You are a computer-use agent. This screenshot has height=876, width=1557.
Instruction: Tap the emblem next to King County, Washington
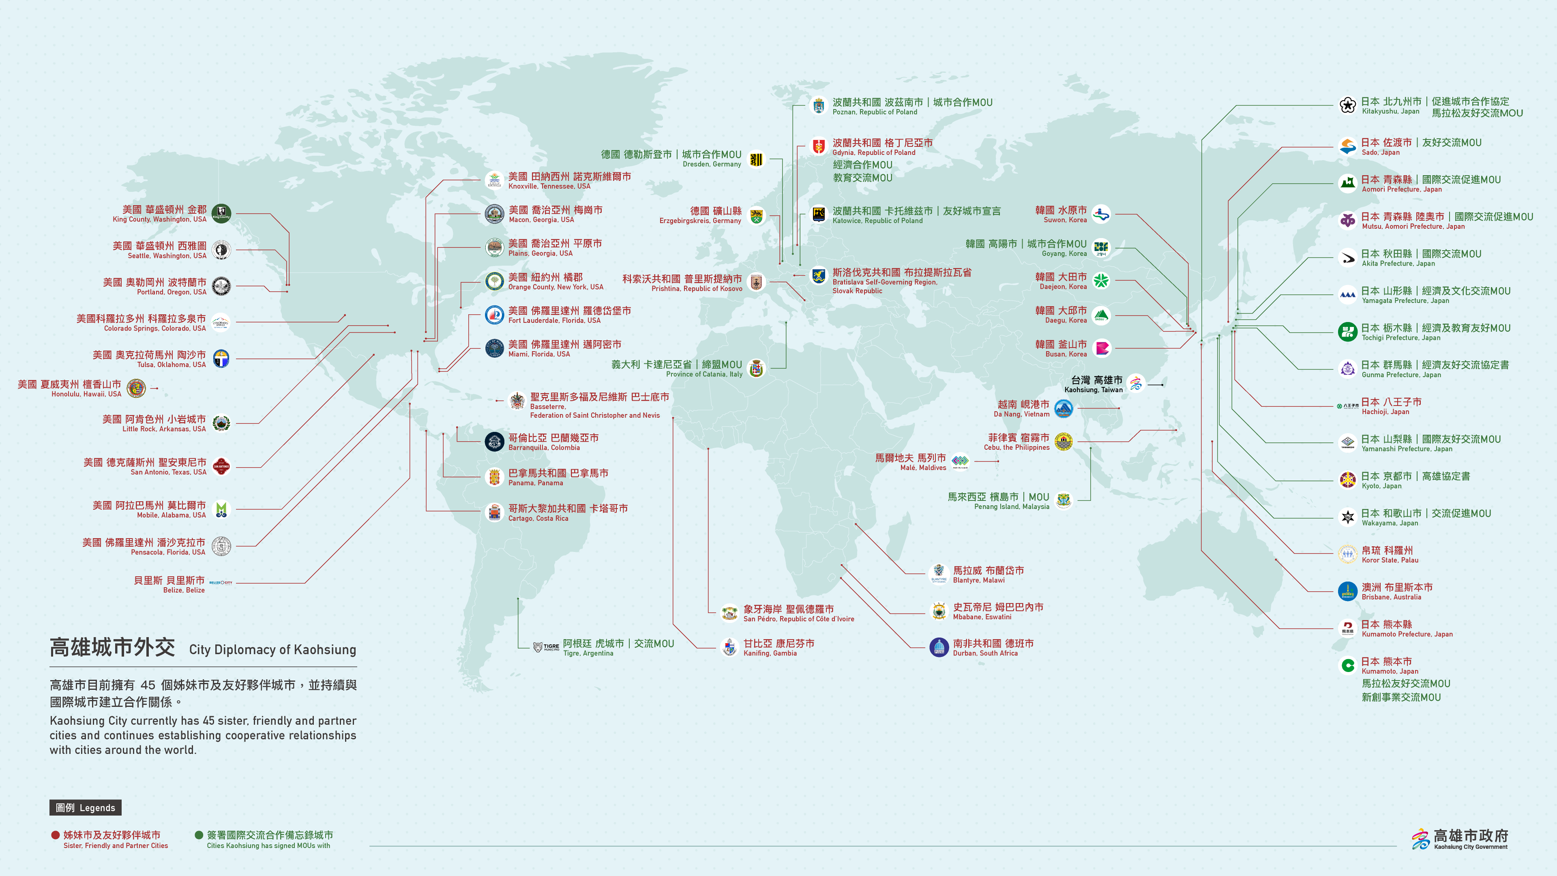point(221,213)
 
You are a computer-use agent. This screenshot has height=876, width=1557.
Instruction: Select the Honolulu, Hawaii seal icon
point(136,388)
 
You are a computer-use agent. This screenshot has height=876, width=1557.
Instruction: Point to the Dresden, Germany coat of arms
point(756,159)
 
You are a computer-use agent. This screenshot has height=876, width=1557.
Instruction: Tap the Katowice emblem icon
point(818,215)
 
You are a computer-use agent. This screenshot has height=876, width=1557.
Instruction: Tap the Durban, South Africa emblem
point(939,648)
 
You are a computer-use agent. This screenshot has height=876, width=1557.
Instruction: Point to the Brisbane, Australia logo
point(1347,591)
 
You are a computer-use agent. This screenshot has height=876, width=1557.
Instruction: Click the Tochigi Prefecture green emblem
point(1347,332)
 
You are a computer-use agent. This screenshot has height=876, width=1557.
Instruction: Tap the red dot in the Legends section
point(56,835)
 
